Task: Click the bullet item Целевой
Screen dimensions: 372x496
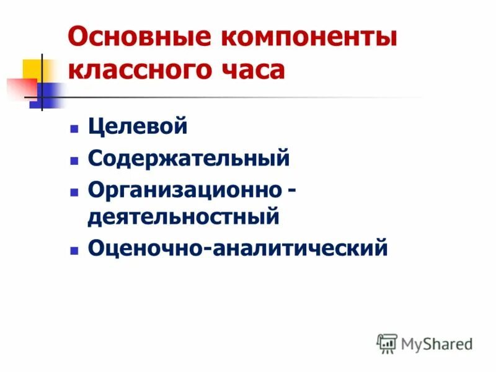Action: [x=138, y=128]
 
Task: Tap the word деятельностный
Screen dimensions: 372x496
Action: [x=184, y=218]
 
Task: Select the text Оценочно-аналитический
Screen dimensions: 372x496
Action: [x=237, y=248]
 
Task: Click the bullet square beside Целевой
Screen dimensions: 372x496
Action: [x=74, y=130]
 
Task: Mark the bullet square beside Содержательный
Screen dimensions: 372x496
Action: [x=74, y=160]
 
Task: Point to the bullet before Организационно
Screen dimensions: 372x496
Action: [x=74, y=191]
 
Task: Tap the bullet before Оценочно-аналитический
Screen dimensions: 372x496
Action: [x=74, y=250]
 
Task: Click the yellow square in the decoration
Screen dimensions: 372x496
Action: [x=32, y=69]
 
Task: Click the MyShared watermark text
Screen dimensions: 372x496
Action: [x=436, y=343]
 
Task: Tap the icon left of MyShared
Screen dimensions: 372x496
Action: [x=387, y=343]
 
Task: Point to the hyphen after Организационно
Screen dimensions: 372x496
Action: [x=290, y=190]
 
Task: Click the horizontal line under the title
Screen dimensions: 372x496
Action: [x=248, y=97]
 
